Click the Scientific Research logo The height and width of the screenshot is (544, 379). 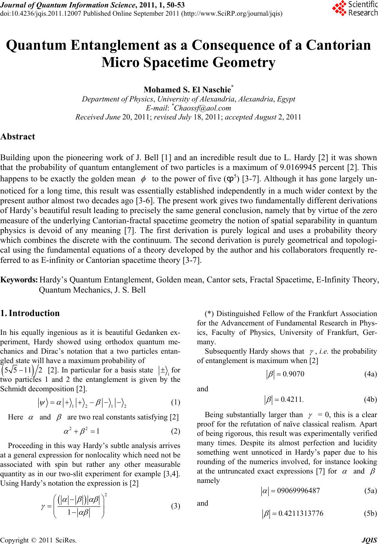[354, 9]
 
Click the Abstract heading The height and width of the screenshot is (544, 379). [18, 137]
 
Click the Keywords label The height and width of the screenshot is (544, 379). [19, 280]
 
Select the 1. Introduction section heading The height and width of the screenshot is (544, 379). [30, 313]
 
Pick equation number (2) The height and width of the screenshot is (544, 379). [176, 431]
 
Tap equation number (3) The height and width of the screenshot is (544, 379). [176, 506]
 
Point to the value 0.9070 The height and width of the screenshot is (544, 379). [291, 374]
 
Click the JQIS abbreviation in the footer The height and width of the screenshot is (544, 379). [370, 540]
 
